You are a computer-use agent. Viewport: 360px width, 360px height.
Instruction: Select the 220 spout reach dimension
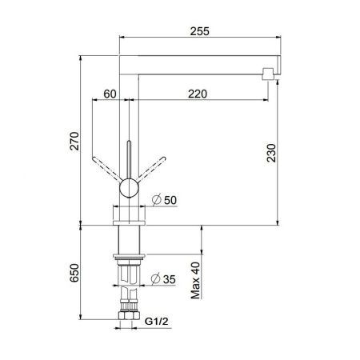198,94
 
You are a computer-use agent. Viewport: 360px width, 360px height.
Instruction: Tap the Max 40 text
194,281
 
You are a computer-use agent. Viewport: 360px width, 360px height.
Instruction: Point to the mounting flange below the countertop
128,258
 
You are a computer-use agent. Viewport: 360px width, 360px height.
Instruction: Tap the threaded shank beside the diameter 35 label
128,279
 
